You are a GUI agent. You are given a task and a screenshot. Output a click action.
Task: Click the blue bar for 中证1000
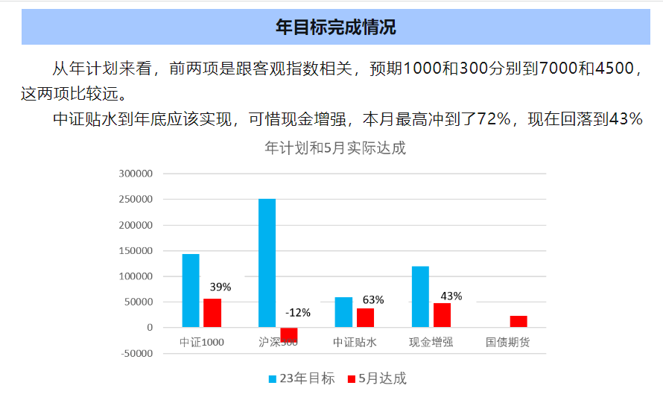[x=191, y=291]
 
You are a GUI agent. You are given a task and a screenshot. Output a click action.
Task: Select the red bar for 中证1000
[x=212, y=313]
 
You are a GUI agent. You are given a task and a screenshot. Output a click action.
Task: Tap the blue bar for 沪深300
[x=267, y=263]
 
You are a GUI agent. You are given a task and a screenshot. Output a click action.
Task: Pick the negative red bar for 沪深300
[x=288, y=334]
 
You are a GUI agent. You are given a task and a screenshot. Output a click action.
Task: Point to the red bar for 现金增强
[x=442, y=315]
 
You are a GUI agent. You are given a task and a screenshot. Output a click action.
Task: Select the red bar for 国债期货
[x=518, y=322]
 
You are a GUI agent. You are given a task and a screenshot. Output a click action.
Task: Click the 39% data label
[x=221, y=287]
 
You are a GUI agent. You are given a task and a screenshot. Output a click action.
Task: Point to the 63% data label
[x=373, y=299]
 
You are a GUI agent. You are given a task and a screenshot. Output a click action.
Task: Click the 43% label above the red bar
[x=451, y=296]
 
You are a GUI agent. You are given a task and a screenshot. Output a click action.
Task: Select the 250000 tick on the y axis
[x=136, y=200]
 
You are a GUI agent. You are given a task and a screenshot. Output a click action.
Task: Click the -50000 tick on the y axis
[x=136, y=353]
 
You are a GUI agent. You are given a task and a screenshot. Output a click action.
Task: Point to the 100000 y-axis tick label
[x=136, y=276]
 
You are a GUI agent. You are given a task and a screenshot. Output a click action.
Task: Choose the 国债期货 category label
[x=507, y=343]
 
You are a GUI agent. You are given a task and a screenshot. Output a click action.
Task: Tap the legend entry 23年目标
[x=302, y=378]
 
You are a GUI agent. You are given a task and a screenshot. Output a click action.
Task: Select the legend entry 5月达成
[x=377, y=378]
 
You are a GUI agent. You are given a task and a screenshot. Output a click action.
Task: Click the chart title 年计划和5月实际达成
[x=335, y=147]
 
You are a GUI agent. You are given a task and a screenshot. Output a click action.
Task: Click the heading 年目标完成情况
[x=335, y=28]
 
